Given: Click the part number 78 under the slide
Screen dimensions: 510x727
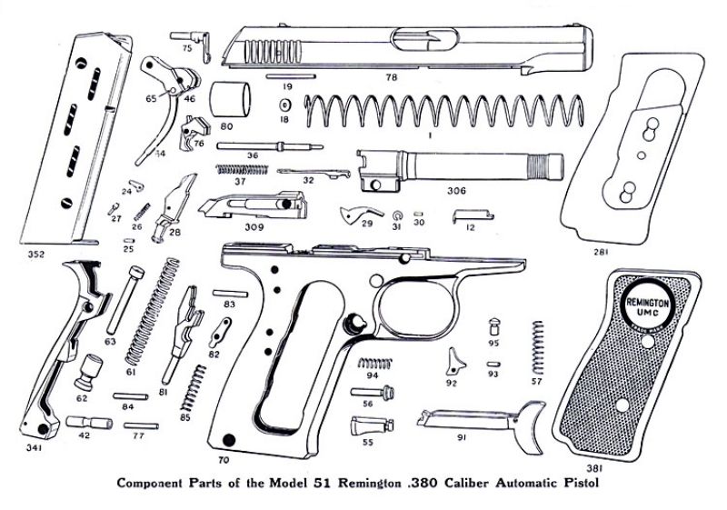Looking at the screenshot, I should click(391, 78).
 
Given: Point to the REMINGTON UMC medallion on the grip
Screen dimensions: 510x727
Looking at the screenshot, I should click(646, 301).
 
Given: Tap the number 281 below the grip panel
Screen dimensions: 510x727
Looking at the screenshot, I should click(600, 247).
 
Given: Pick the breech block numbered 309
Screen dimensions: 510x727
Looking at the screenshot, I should click(254, 206).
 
